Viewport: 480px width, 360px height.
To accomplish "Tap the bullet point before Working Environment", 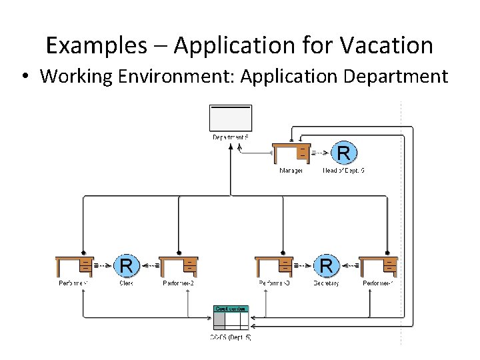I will click(x=24, y=76).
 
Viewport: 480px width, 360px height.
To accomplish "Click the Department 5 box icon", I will click(x=231, y=118).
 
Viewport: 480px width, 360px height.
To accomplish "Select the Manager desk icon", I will click(x=292, y=153).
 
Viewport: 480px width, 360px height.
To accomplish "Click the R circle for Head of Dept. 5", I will click(x=343, y=153).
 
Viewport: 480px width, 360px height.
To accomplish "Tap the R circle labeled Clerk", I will click(x=125, y=266).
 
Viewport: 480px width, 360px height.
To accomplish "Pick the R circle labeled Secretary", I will click(x=326, y=266).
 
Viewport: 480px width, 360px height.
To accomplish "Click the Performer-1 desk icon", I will click(x=75, y=266).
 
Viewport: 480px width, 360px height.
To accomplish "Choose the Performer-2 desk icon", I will click(x=179, y=266).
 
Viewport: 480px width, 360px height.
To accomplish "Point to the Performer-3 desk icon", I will click(x=275, y=266).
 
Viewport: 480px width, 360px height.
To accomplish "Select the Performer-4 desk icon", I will click(x=378, y=266).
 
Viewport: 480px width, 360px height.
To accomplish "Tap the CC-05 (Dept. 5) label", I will click(x=231, y=338).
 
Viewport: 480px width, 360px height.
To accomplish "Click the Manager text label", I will click(x=291, y=171).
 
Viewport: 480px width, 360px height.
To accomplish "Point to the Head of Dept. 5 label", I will click(x=344, y=171).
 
